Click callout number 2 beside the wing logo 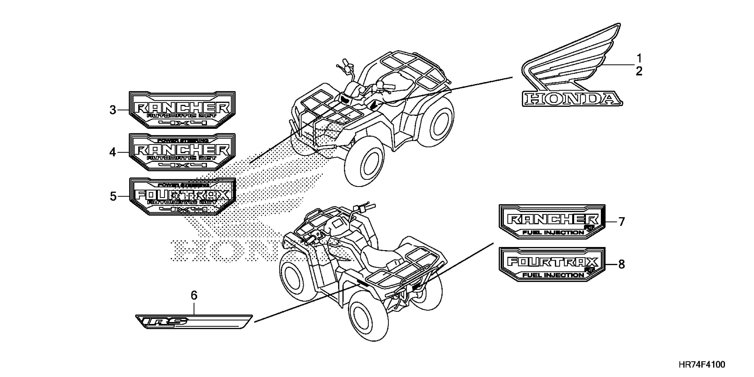pos(639,71)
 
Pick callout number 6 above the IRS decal pos(194,296)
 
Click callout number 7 pos(621,222)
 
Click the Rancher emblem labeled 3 pos(182,110)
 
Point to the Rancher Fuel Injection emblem pos(552,222)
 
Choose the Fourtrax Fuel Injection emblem pos(552,264)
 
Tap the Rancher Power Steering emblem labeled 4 pos(182,152)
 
